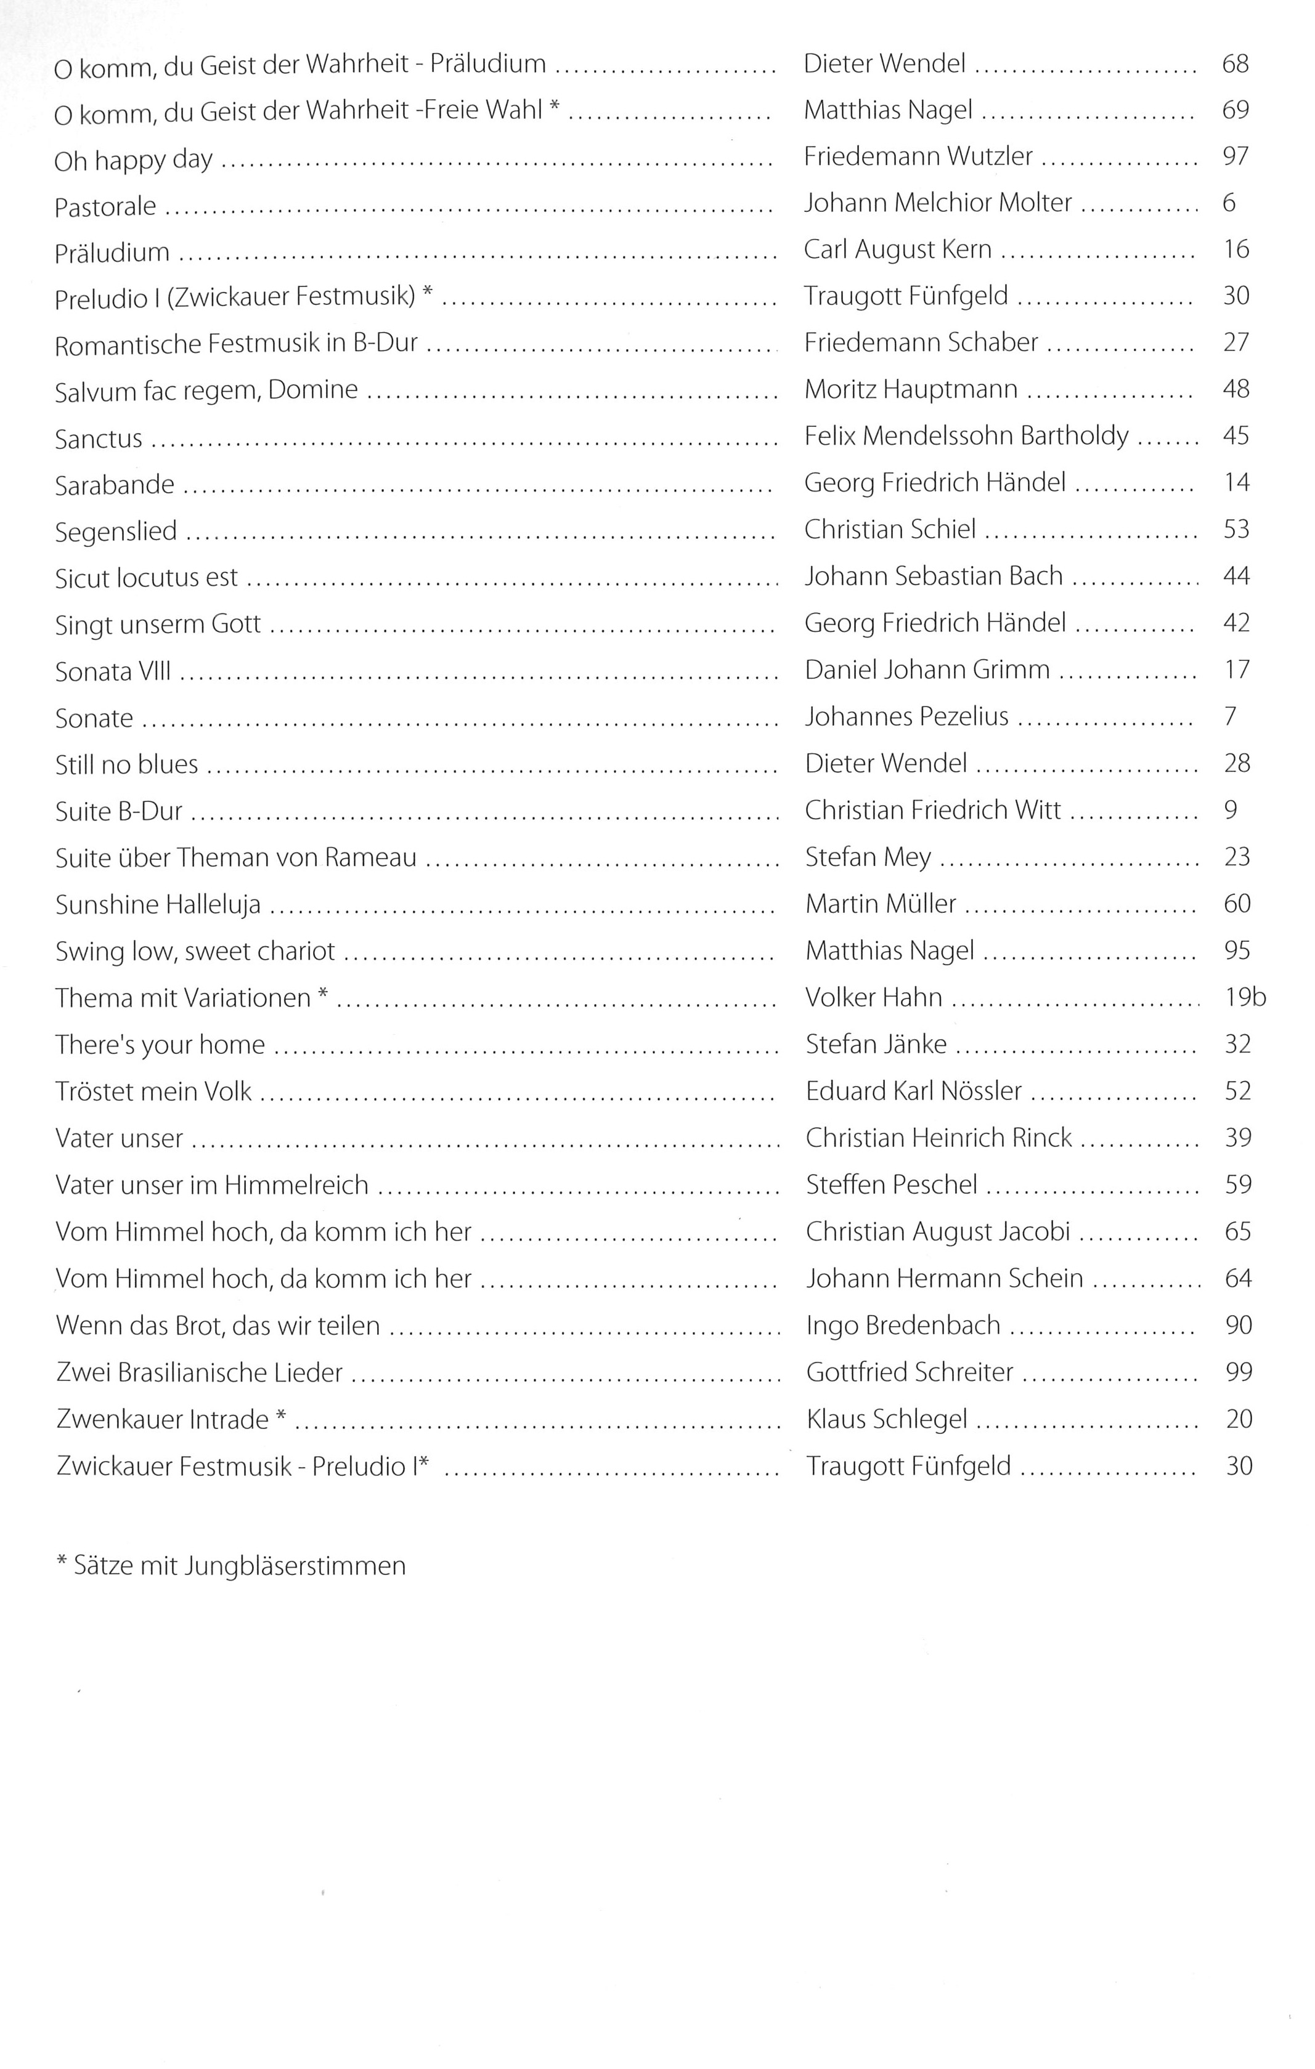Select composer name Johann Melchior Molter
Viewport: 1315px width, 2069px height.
(x=938, y=203)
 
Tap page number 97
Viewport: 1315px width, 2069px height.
(x=1235, y=156)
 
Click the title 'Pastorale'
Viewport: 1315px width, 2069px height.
(x=105, y=207)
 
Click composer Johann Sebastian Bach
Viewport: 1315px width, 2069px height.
(x=934, y=576)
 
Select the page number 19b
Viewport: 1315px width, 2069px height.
(x=1245, y=998)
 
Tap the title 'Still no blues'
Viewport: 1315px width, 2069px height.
(x=126, y=764)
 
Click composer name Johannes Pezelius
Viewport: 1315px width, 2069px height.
(x=906, y=716)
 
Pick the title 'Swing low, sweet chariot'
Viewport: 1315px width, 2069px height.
(x=195, y=951)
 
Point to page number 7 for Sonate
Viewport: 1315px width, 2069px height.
(x=1230, y=716)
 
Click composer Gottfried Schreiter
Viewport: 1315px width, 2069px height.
(x=910, y=1372)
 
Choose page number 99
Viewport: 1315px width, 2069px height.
(x=1239, y=1372)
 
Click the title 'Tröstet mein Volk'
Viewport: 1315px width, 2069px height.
(x=153, y=1091)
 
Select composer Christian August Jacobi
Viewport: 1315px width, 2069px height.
(x=938, y=1232)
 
